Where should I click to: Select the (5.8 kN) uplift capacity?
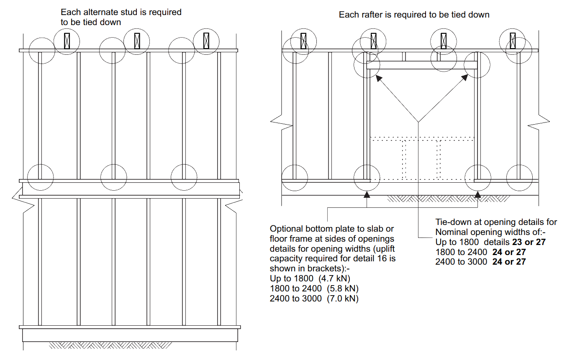click(x=339, y=289)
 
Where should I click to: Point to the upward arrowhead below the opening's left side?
click(x=367, y=193)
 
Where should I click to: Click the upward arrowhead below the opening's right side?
click(x=478, y=193)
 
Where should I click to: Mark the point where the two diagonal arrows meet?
click(x=418, y=122)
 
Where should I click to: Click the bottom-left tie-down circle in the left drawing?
click(x=41, y=177)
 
